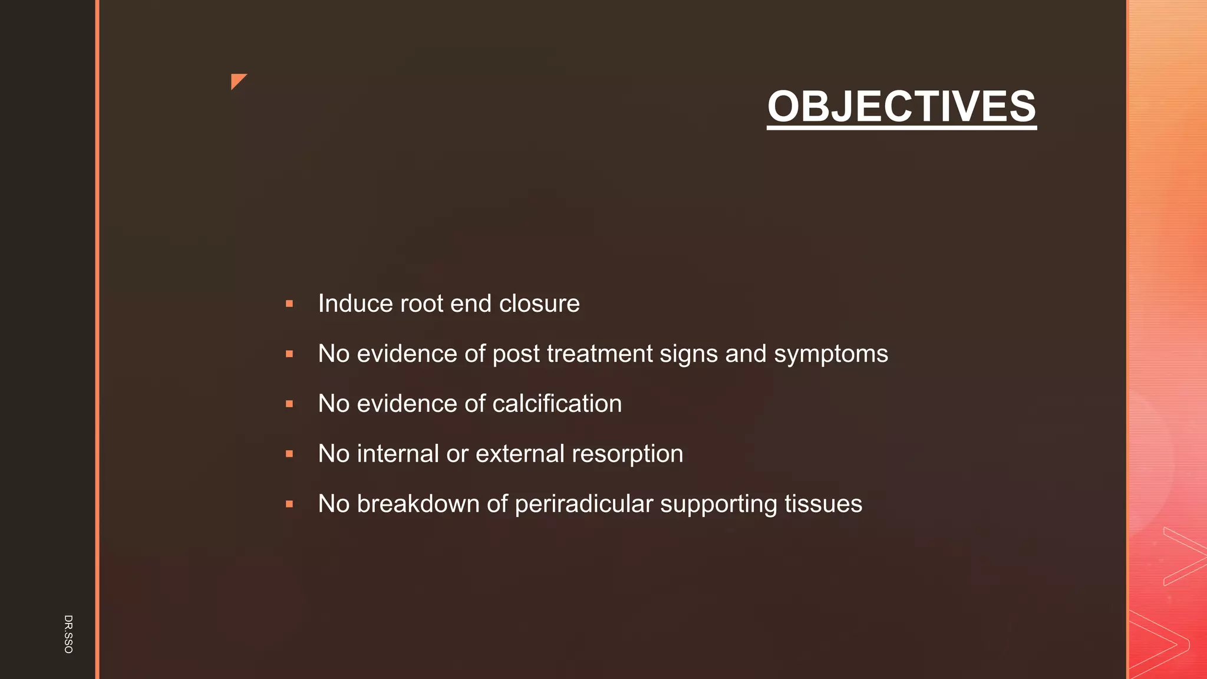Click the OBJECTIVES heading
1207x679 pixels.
[901, 106]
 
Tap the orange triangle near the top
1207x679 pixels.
[237, 80]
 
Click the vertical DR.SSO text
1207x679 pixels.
[68, 634]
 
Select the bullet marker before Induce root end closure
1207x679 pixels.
[289, 304]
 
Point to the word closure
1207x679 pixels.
[539, 304]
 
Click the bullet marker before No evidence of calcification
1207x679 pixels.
[289, 404]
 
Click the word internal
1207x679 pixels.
[398, 454]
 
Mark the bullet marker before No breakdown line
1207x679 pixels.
[289, 505]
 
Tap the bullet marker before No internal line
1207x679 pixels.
[289, 454]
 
